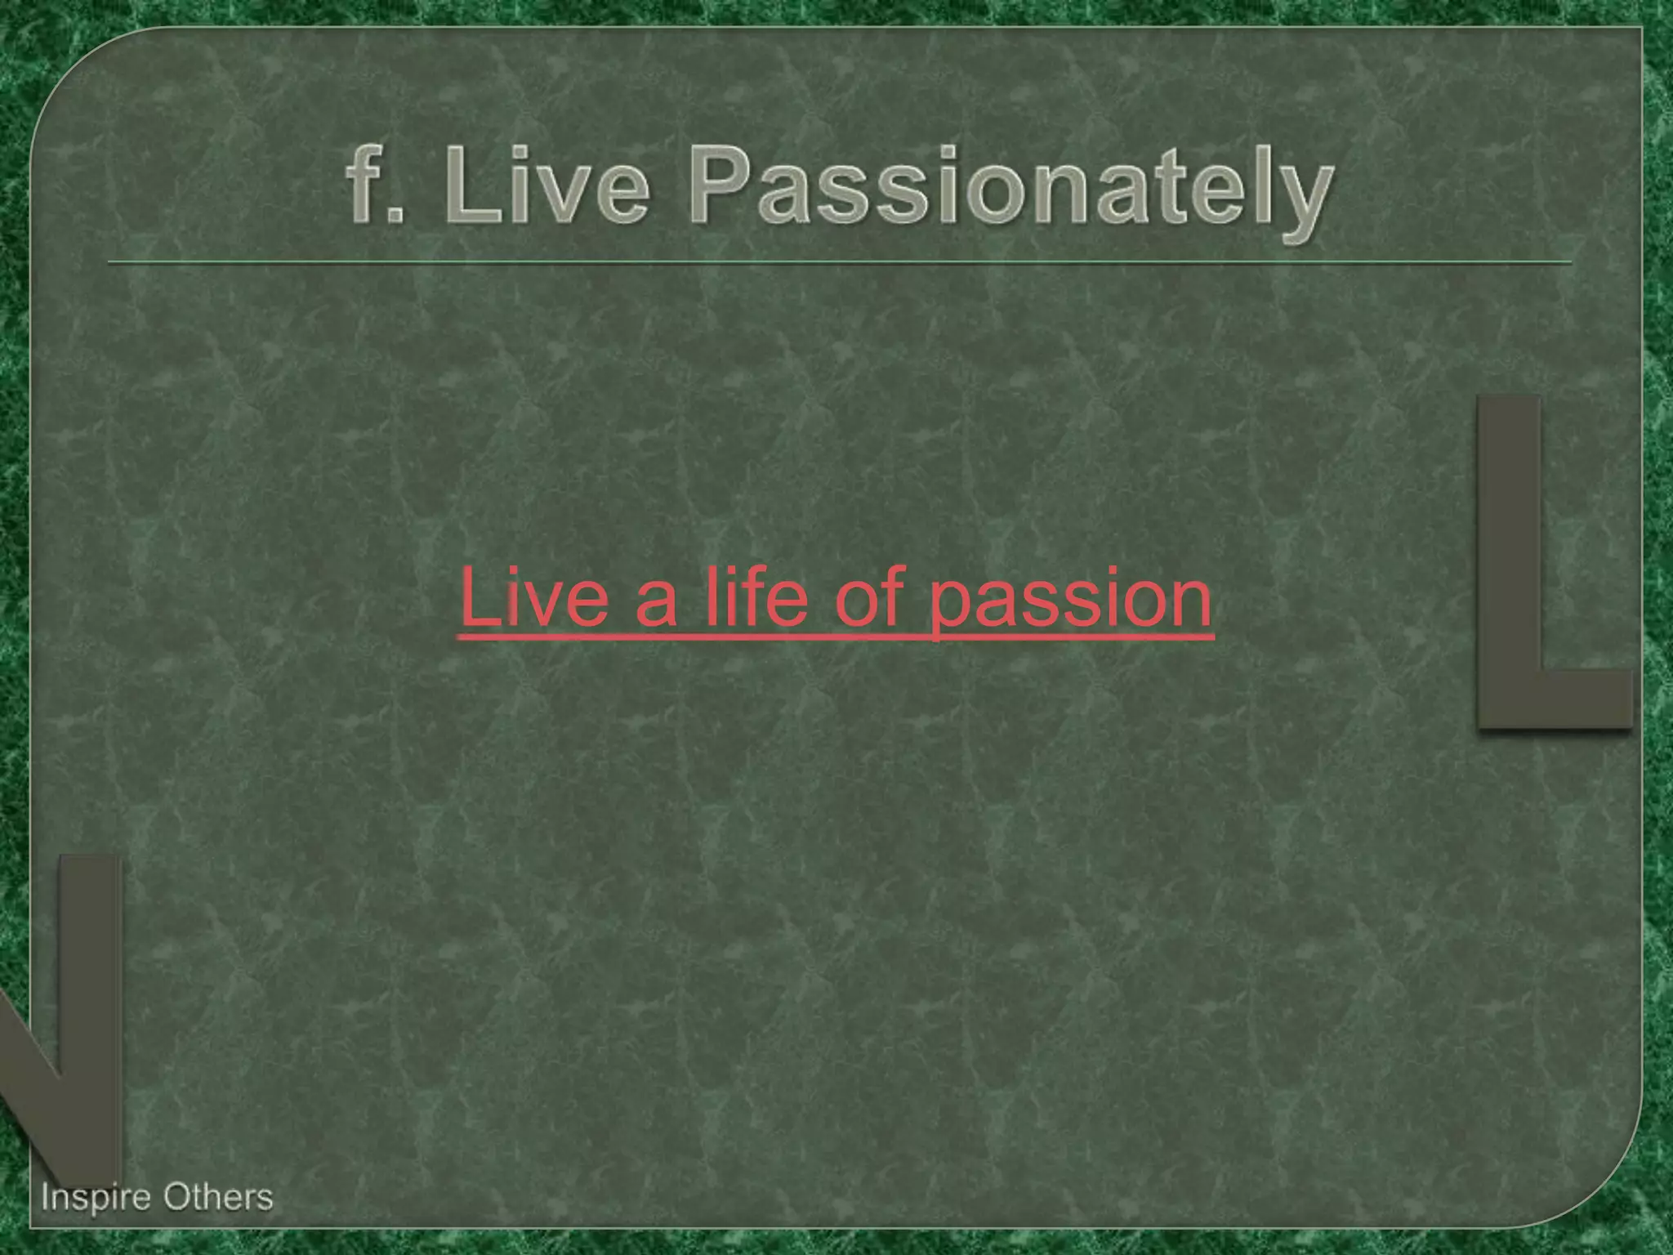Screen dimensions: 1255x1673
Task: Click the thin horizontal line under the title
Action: pyautogui.click(x=840, y=263)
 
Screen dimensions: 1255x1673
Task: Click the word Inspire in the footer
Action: pyautogui.click(x=96, y=1199)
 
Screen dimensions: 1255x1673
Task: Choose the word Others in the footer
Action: pyautogui.click(x=217, y=1198)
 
